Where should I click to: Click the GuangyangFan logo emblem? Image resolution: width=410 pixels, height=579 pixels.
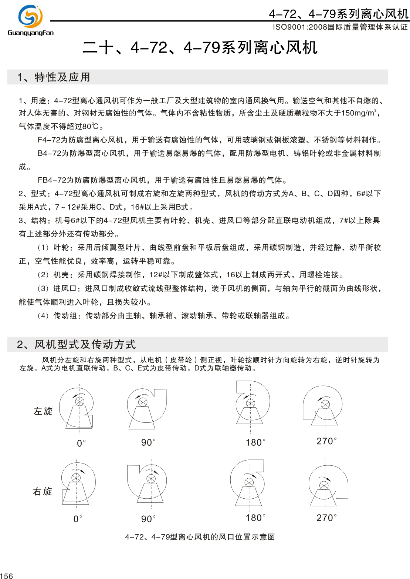coord(30,16)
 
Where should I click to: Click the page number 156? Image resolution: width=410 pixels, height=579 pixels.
coord(7,576)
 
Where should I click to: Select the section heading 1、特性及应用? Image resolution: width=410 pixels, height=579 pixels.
coord(54,77)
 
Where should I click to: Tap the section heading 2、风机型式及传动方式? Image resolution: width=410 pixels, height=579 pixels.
coord(77,344)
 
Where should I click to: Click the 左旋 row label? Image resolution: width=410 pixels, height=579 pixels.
coord(43,411)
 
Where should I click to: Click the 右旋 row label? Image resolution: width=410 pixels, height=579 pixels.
coord(43,491)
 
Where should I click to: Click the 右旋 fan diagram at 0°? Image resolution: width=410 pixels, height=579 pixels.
coord(77,483)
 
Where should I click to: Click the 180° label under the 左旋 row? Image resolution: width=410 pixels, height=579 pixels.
coord(255,442)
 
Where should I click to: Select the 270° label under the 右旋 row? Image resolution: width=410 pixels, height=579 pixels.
coord(326,518)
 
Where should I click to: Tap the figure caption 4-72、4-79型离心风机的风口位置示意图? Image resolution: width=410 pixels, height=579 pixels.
coord(200,537)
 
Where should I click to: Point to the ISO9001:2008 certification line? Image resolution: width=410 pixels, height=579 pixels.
coord(340,27)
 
